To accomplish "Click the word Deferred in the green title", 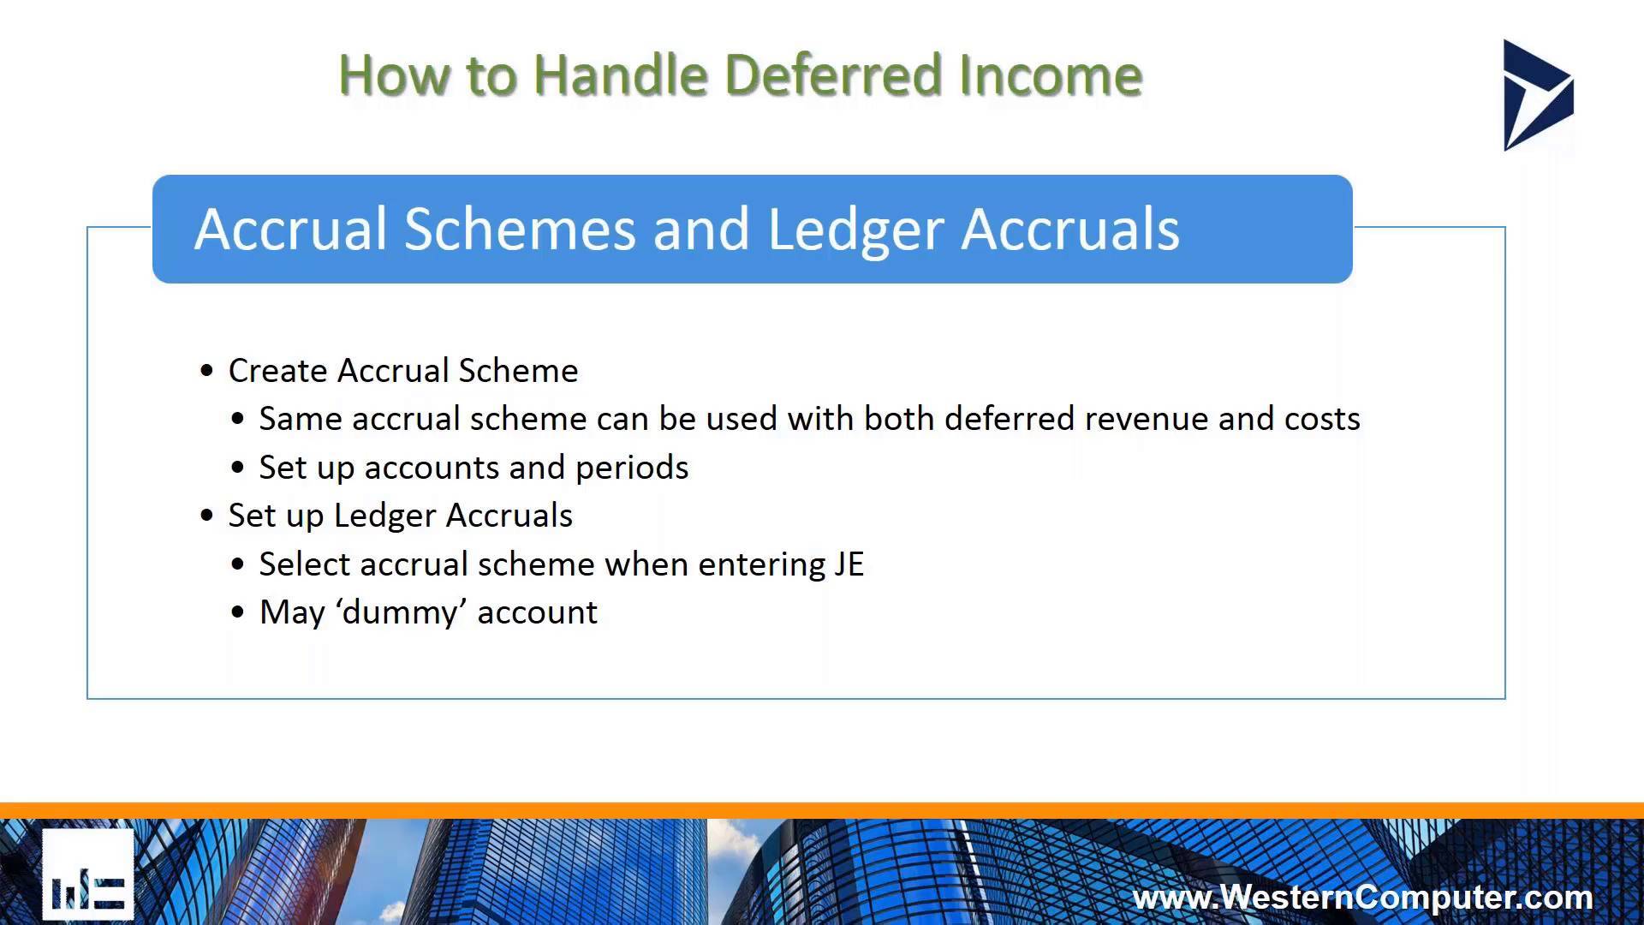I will click(x=834, y=75).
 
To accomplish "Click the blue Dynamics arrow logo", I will click(x=1537, y=95).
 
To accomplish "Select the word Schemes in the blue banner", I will click(x=520, y=230).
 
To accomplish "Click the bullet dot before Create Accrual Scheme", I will click(x=206, y=371).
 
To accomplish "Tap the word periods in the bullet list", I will click(x=632, y=468).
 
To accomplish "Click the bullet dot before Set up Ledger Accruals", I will click(x=206, y=516).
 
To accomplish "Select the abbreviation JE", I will click(x=849, y=564).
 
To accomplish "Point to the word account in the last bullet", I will click(x=537, y=613).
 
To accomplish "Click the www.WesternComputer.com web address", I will click(x=1362, y=897).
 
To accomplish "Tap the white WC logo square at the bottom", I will click(x=88, y=874).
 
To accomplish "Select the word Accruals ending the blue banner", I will click(x=1070, y=230).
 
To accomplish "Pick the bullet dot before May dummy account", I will click(x=238, y=613).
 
